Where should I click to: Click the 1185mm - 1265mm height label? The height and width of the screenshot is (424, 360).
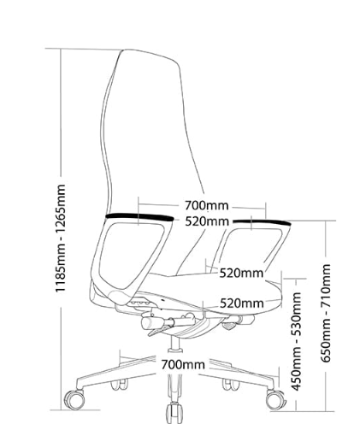[x=61, y=238]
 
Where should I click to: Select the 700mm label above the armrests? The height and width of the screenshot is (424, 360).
[x=207, y=205]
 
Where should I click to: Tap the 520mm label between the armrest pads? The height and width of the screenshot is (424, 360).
[x=207, y=221]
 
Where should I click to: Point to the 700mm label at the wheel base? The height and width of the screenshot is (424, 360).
[x=183, y=365]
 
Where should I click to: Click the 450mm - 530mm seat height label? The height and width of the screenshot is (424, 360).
[x=296, y=341]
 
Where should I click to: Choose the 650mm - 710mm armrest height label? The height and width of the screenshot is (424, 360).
[x=326, y=313]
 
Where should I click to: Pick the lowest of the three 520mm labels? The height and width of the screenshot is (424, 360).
[x=242, y=303]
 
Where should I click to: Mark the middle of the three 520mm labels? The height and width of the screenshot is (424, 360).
[x=241, y=273]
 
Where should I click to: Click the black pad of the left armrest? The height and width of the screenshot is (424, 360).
[x=139, y=217]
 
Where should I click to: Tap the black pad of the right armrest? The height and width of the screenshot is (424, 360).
[x=262, y=222]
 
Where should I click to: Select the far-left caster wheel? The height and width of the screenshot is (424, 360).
[x=74, y=399]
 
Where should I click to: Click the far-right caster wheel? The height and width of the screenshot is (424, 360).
[x=275, y=399]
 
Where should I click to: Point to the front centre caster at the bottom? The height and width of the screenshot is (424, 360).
[x=174, y=413]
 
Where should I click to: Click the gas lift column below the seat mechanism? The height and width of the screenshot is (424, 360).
[x=174, y=344]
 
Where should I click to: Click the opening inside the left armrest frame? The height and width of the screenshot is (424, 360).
[x=131, y=253]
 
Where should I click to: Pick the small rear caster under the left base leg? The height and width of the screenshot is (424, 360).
[x=120, y=384]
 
